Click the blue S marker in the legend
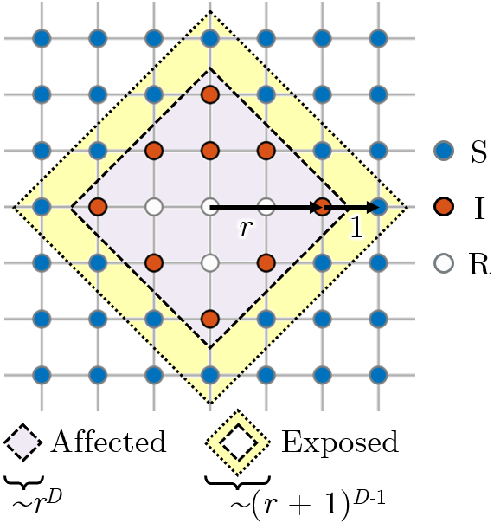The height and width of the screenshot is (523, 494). tap(444, 151)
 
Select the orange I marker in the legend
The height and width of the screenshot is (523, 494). tap(444, 207)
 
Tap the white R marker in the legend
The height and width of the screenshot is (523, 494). tap(444, 263)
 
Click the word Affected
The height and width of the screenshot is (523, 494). tap(108, 442)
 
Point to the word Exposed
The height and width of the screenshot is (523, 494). tap(340, 442)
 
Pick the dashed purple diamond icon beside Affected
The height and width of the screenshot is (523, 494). tap(23, 442)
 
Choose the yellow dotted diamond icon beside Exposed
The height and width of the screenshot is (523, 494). tap(238, 442)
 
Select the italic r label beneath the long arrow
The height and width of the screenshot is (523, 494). tap(246, 229)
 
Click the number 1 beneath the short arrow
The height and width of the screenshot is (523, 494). tap(356, 228)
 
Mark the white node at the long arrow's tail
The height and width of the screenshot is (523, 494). tap(210, 207)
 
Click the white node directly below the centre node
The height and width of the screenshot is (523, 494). tap(210, 263)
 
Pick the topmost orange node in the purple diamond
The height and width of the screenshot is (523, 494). tap(210, 94)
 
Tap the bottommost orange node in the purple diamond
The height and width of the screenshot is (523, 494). tap(210, 319)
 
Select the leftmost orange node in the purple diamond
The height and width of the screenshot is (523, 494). tap(98, 207)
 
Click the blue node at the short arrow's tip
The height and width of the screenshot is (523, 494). tap(379, 207)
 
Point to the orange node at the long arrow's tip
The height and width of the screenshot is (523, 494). tap(323, 207)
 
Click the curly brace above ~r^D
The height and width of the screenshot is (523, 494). tap(24, 482)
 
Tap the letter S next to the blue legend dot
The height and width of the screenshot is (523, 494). tap(478, 152)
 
